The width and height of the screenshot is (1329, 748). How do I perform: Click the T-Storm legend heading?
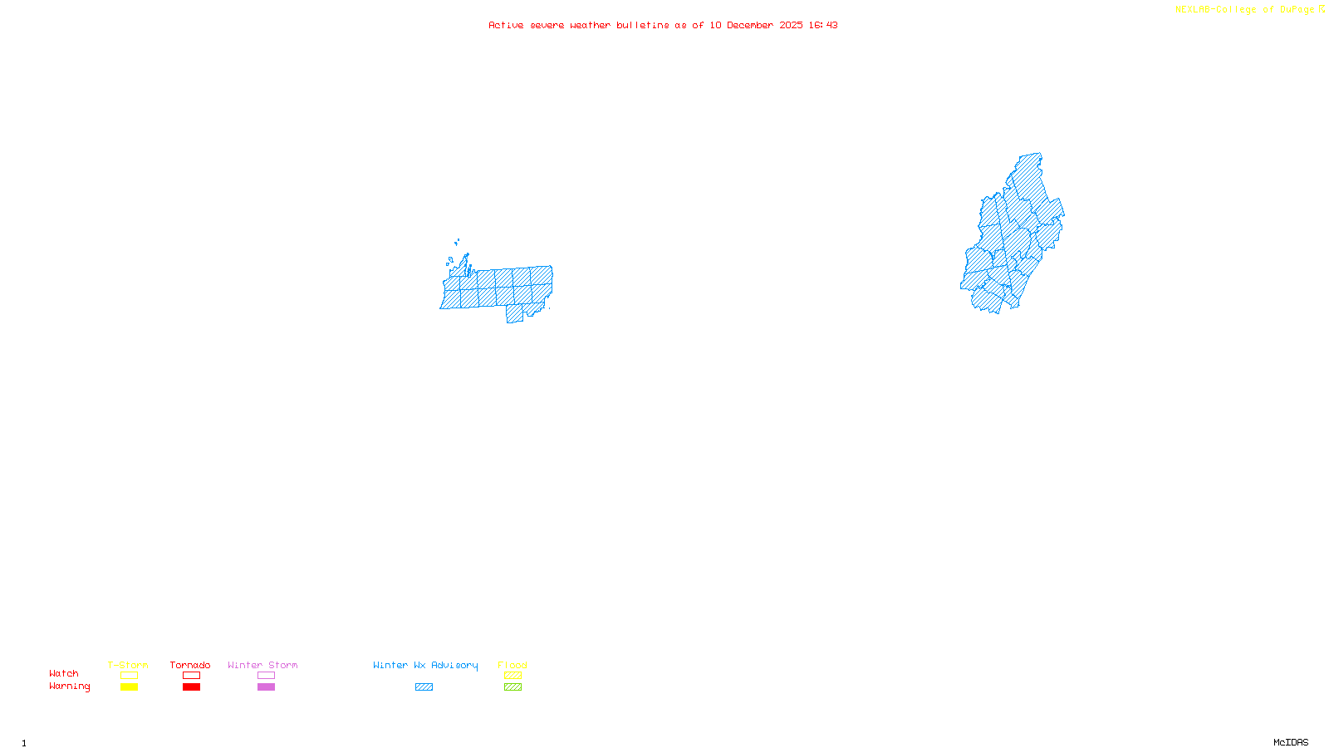pos(128,665)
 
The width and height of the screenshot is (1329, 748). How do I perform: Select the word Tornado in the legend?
pos(190,665)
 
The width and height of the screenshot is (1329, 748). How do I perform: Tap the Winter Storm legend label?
pos(262,665)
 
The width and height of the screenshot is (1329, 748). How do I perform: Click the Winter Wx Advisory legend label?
pos(425,665)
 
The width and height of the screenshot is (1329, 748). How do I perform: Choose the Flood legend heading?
pos(512,665)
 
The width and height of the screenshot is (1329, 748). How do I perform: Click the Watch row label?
pos(64,673)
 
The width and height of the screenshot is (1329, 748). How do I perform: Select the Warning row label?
pos(69,686)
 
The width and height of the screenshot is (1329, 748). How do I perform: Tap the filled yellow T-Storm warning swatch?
pos(129,687)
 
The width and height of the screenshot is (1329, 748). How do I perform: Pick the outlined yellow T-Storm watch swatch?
pos(129,676)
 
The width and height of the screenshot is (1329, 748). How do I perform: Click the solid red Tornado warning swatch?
pos(191,687)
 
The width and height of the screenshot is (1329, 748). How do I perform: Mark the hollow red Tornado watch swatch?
pos(191,676)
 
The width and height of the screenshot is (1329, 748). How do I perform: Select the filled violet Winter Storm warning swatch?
pos(266,687)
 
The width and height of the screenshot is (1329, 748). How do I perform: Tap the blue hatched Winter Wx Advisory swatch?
pos(424,687)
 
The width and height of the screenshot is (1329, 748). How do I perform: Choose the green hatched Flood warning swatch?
pos(512,687)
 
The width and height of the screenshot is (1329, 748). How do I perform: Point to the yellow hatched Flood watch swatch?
pos(512,676)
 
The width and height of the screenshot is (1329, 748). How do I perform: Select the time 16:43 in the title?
pos(823,25)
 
